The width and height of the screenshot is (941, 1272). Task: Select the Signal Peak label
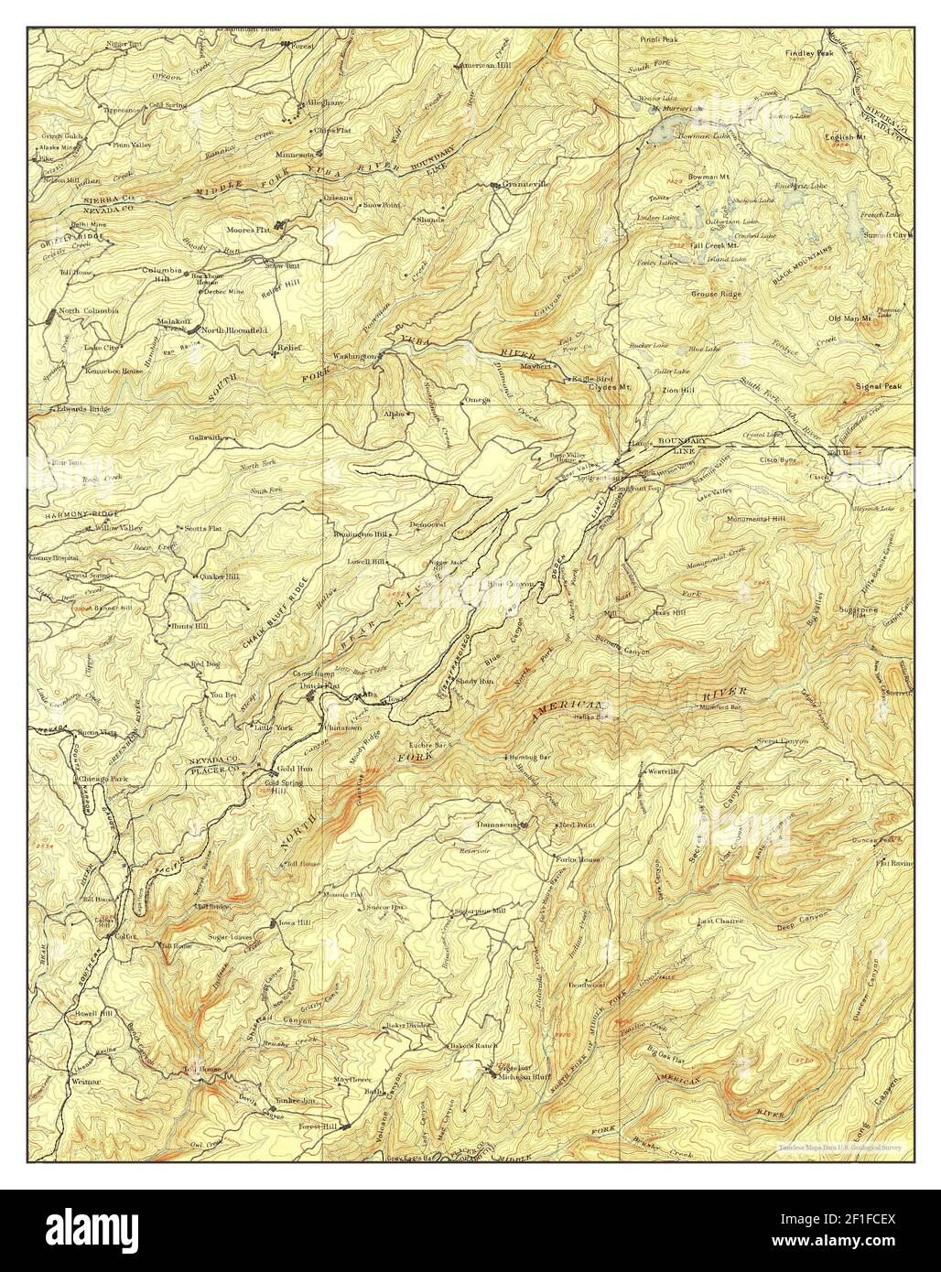(x=879, y=386)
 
